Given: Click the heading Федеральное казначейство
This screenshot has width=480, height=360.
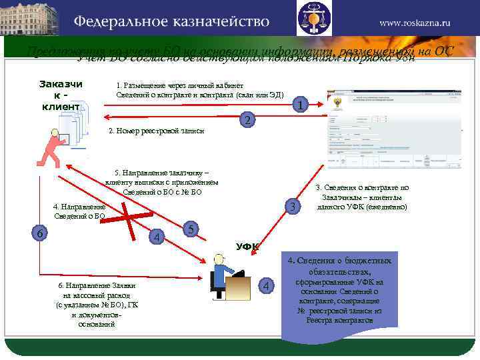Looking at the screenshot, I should [x=171, y=21].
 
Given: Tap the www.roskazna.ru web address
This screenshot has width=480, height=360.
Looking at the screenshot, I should [x=415, y=22].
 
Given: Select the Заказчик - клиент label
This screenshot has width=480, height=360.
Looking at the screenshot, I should [x=61, y=95].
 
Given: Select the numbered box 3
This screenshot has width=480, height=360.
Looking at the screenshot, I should [x=291, y=207].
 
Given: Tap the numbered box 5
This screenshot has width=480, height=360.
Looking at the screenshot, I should [x=191, y=229].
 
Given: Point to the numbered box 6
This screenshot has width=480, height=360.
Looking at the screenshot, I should [x=40, y=233].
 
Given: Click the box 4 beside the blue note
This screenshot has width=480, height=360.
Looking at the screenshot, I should [x=267, y=286].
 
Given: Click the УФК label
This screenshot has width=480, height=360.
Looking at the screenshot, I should [x=247, y=247].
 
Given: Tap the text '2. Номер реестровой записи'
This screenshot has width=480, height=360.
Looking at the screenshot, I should [x=156, y=131].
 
